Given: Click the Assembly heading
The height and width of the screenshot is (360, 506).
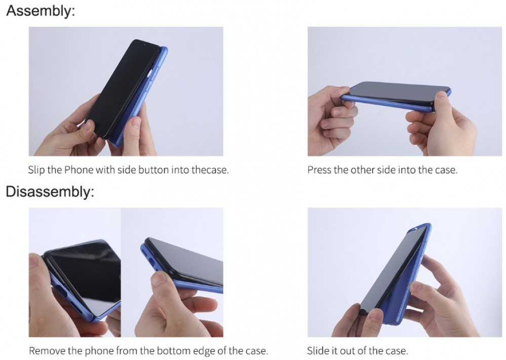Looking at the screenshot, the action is pyautogui.click(x=41, y=11).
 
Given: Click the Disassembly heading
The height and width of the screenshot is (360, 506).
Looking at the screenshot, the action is pyautogui.click(x=50, y=191).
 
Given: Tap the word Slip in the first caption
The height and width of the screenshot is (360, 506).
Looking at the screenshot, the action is pyautogui.click(x=36, y=170).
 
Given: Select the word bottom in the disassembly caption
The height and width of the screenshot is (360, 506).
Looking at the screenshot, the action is pyautogui.click(x=174, y=350).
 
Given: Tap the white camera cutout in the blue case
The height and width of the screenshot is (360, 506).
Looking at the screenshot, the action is pyautogui.click(x=149, y=75).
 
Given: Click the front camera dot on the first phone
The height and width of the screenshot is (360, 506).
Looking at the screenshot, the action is pyautogui.click(x=144, y=45).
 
